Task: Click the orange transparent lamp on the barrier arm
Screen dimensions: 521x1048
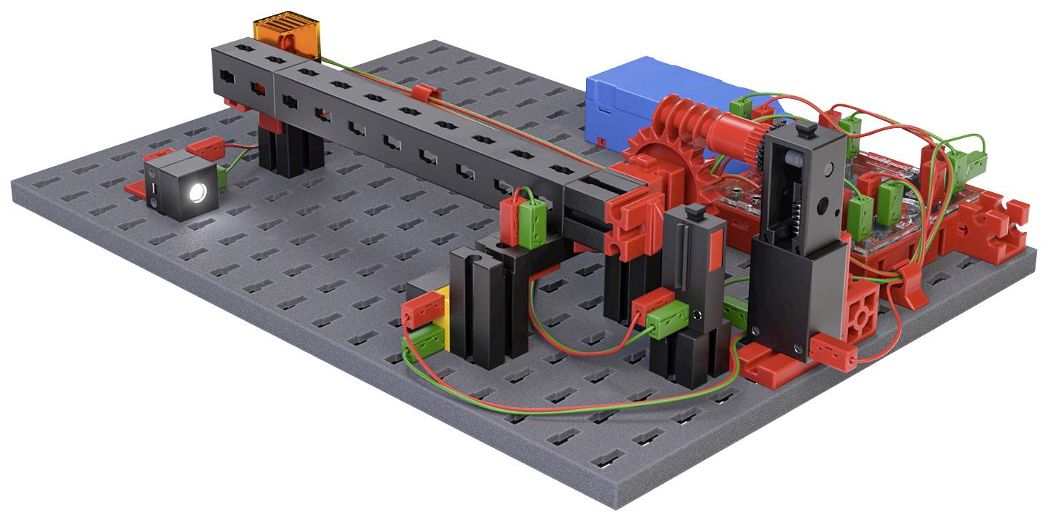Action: (287, 39)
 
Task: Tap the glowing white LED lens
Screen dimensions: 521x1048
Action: (197, 192)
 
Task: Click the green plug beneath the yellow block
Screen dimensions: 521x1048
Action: (424, 339)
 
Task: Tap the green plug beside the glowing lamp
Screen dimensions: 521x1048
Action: (221, 177)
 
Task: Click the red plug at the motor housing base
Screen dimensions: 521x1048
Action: (830, 352)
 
